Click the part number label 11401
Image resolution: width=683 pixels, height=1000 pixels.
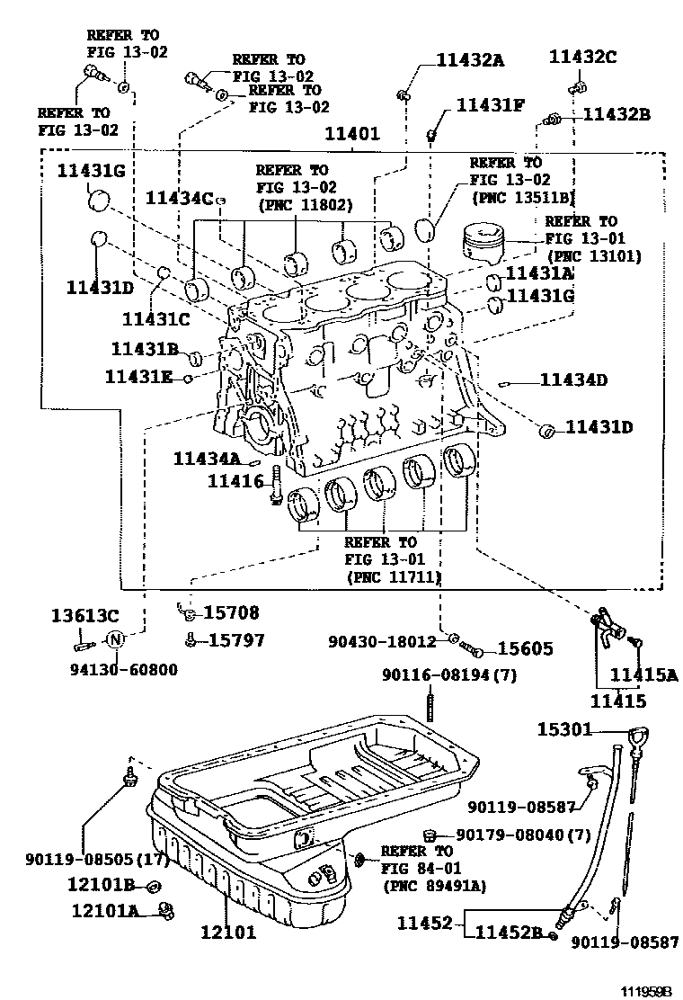point(352,134)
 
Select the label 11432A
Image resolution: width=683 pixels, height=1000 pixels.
point(470,60)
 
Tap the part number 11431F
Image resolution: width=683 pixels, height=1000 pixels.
point(490,104)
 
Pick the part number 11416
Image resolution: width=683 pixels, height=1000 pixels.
point(236,481)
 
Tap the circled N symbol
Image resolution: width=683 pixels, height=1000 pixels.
point(115,640)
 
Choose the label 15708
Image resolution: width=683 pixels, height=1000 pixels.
point(231,613)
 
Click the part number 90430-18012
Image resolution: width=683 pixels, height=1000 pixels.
point(382,642)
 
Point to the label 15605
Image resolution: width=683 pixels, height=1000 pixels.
point(526,648)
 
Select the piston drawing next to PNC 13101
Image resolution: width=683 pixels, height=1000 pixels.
point(486,245)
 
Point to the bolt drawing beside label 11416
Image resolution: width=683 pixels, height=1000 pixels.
point(276,485)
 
